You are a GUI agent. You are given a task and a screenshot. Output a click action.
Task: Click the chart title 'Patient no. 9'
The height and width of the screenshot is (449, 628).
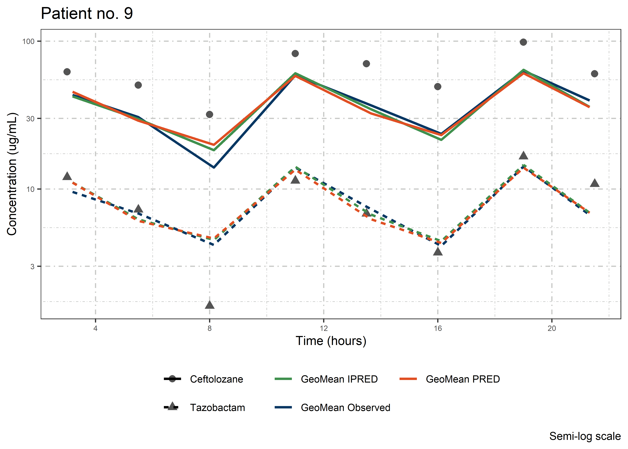point(87,13)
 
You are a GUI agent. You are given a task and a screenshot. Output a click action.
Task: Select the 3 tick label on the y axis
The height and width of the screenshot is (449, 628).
point(32,267)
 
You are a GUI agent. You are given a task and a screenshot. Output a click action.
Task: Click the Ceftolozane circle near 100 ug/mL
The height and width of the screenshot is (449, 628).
point(523,42)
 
